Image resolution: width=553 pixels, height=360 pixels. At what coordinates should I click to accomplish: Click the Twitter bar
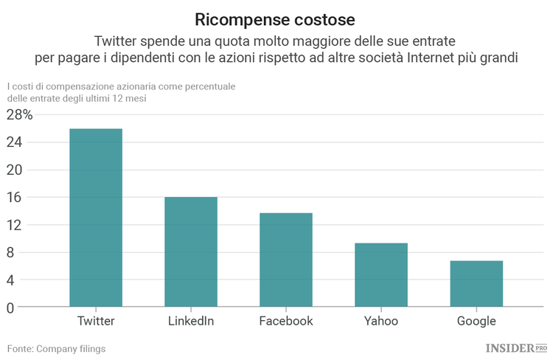tap(96, 218)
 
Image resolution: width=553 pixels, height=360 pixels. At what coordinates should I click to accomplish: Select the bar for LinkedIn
tap(191, 252)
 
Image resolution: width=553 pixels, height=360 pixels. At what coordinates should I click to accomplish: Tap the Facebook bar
tap(286, 260)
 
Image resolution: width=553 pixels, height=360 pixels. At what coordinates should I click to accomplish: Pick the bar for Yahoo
tap(381, 274)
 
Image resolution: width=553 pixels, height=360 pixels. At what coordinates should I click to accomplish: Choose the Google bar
tap(476, 283)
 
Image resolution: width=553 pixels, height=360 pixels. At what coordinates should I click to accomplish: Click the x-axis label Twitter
tap(96, 321)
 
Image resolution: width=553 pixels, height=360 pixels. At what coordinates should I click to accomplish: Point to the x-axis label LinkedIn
tap(191, 321)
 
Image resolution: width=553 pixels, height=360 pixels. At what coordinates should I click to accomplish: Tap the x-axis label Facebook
tap(286, 321)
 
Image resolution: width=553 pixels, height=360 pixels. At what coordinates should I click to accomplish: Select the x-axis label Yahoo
tap(381, 321)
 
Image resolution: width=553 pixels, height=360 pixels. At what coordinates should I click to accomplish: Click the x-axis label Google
tap(476, 321)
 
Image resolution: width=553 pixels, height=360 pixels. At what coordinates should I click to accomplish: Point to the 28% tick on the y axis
tap(20, 115)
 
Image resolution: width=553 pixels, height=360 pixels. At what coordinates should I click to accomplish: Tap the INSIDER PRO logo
tap(515, 347)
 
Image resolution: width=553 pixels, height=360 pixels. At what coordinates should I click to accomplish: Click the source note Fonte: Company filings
tap(57, 348)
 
